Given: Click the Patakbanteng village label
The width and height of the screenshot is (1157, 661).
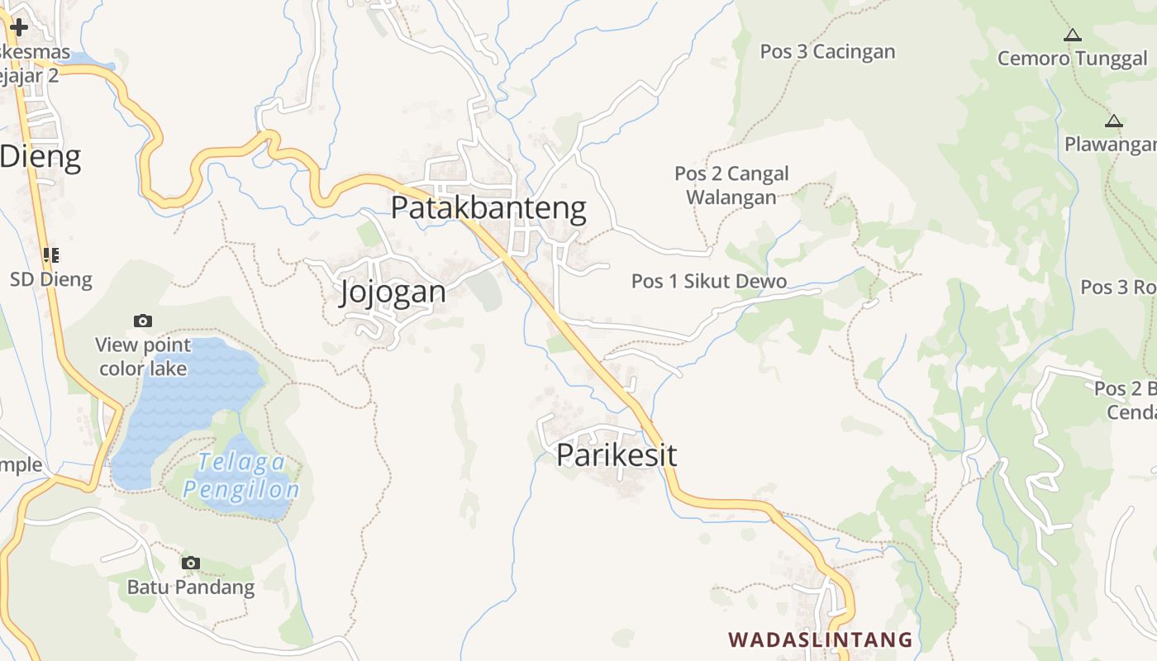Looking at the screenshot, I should pos(488,207).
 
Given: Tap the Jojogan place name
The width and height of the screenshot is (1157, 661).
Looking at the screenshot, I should pos(393,292).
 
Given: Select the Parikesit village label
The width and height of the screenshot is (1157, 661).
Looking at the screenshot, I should pos(617,454).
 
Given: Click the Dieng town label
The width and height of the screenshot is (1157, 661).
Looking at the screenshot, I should pos(41,156).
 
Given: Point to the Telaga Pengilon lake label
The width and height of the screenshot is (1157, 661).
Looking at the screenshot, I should pos(240,476).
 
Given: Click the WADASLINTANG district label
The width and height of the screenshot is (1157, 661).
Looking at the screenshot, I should pos(820,640).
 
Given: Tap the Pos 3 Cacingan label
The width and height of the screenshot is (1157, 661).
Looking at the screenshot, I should pos(827,51).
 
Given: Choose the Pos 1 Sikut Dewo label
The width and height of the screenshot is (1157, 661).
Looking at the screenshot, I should pos(709,281).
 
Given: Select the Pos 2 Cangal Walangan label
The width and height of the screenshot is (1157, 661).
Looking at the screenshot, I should pos(731,185).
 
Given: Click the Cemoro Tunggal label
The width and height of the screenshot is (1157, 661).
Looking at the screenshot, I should pos(1072,59).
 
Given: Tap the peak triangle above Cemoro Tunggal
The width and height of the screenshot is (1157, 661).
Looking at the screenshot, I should pos(1072,36).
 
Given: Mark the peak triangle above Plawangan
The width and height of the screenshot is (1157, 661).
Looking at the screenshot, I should pos(1113,121).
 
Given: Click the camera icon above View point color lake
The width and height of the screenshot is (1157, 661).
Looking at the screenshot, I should pos(143,321).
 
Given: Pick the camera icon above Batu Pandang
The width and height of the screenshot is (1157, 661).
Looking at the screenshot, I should pos(191,563).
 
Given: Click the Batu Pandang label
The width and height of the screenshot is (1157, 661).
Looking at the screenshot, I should pos(191,587).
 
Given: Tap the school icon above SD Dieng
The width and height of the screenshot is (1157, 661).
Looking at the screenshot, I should pos(51,255).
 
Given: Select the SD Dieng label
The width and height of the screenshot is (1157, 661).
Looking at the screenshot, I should pos(51,279).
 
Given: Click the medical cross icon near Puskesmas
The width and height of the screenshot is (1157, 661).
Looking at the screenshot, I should pos(18,27).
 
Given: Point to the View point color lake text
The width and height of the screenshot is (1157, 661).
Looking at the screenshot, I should pos(143,356).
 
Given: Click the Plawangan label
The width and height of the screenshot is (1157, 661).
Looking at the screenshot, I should pos(1110,145).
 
